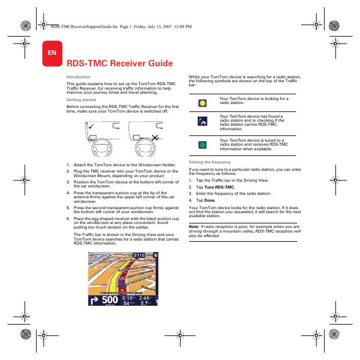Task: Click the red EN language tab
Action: coord(51,53)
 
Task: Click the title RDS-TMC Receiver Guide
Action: coord(120,63)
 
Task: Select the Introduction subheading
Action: coord(78,77)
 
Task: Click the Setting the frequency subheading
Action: coord(209,162)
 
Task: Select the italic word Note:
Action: coord(194,226)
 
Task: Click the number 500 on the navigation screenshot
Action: coord(110,300)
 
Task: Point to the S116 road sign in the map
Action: coord(139,255)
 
